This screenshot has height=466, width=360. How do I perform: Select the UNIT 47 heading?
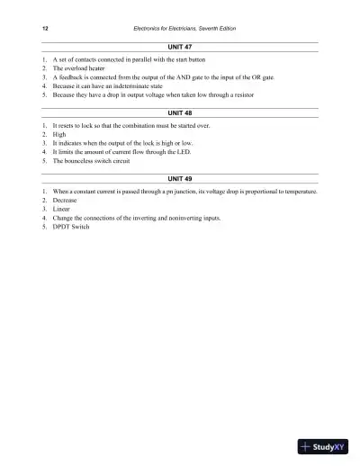181,45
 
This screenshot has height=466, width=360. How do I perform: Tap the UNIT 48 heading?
181,113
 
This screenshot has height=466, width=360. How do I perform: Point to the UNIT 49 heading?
181,180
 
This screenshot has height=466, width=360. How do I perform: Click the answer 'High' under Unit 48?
61,136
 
